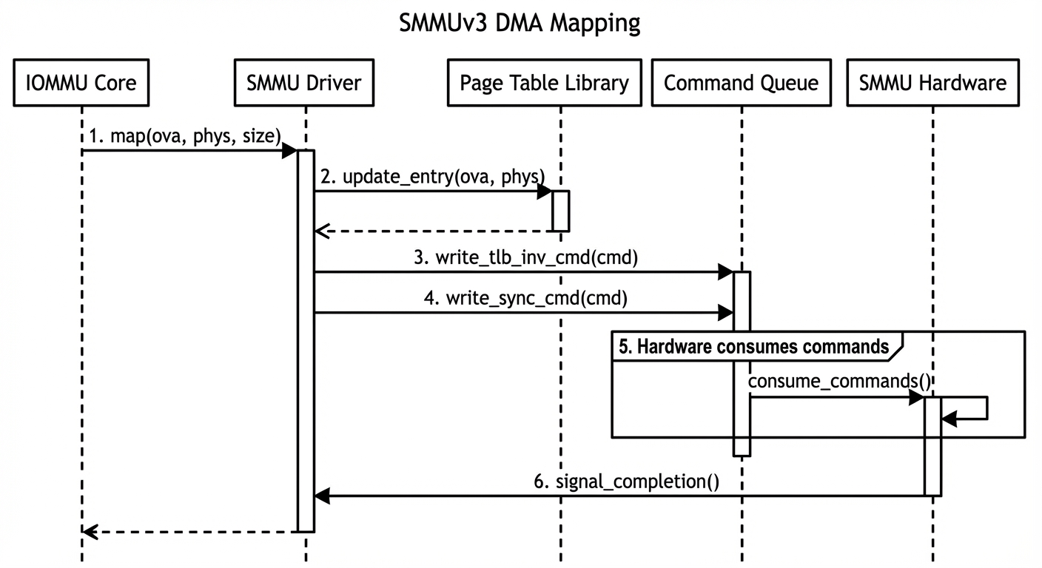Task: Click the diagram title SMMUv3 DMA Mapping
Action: tap(520, 23)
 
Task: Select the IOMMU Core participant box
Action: tap(81, 82)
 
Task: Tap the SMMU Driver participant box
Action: tap(304, 82)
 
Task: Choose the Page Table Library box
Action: tap(544, 82)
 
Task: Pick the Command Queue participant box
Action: tap(741, 82)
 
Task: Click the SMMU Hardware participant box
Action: tap(932, 82)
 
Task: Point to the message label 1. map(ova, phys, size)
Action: tap(185, 136)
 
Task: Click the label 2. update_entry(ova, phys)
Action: tap(433, 177)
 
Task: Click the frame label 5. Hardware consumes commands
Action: tap(753, 346)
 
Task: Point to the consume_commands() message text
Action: tap(838, 381)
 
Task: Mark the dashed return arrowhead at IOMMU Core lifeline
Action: tap(89, 531)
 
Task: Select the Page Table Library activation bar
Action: tap(560, 211)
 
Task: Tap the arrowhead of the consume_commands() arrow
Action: tap(916, 398)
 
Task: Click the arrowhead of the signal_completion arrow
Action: tap(323, 496)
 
